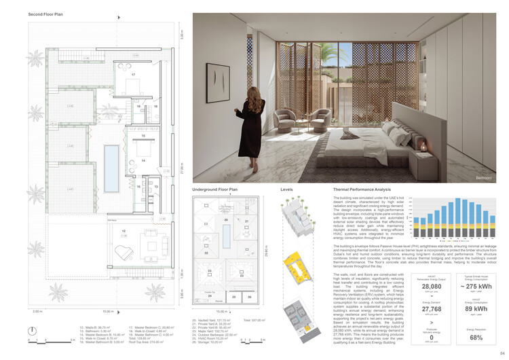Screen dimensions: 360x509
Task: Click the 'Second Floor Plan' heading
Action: [45, 14]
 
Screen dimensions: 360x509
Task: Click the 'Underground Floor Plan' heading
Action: [215, 190]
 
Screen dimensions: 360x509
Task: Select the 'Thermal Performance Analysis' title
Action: [362, 190]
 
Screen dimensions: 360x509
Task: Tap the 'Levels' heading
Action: [287, 190]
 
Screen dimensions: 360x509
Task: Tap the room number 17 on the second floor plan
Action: [134, 74]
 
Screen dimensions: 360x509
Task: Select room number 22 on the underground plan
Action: [206, 252]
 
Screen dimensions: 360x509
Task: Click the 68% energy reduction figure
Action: [475, 337]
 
